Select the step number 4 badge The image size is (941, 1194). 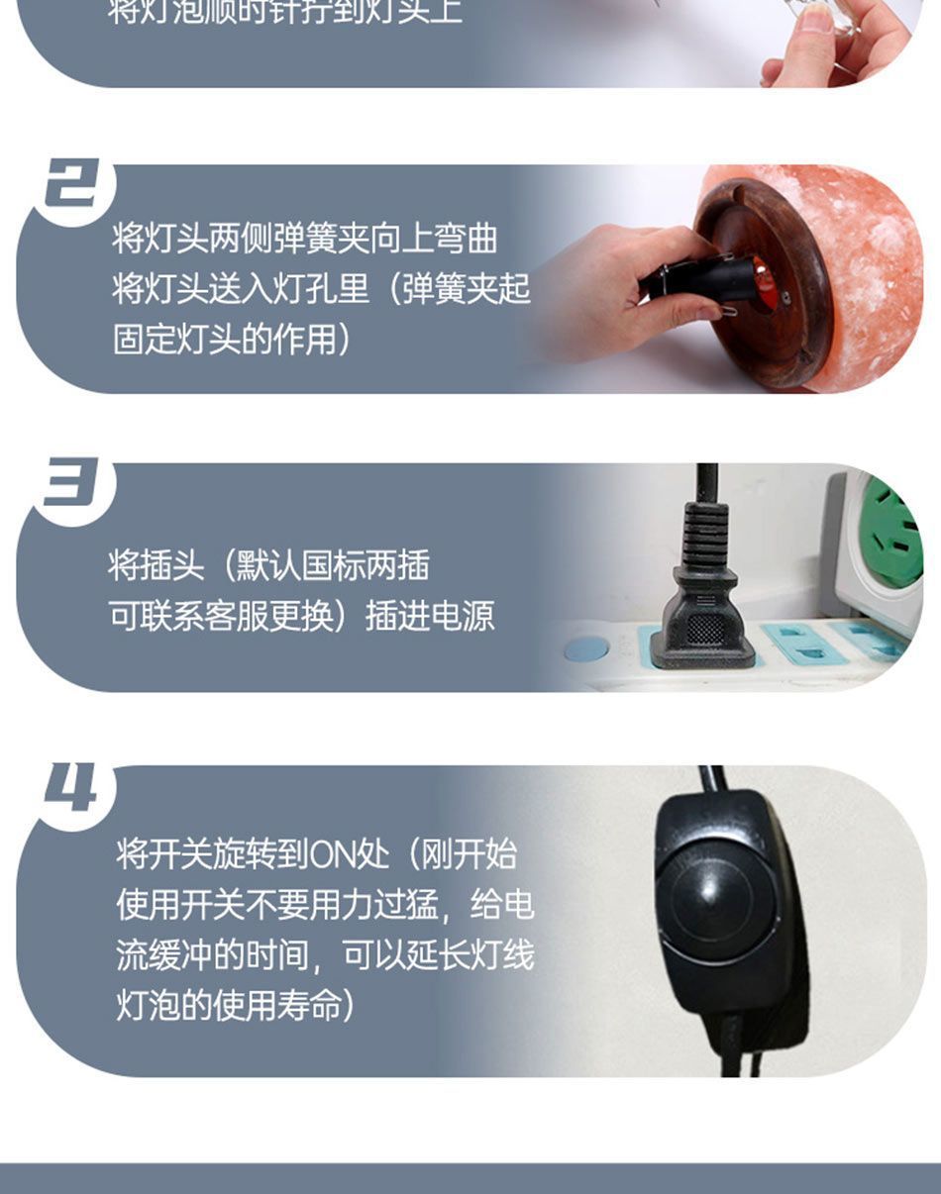(x=72, y=789)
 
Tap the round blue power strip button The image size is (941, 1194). (x=586, y=649)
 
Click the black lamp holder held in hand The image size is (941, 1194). (x=693, y=278)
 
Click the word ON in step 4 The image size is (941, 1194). (x=335, y=853)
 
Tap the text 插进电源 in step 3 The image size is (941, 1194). (x=430, y=616)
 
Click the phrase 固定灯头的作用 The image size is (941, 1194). (x=225, y=339)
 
